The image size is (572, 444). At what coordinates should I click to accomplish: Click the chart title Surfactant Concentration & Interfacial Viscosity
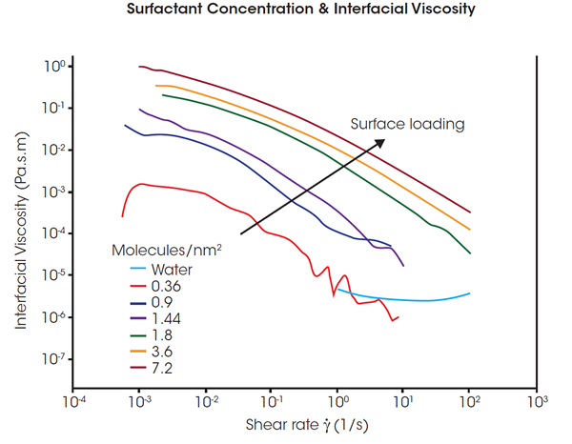click(286, 13)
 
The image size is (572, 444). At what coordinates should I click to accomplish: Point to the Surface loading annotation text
click(407, 124)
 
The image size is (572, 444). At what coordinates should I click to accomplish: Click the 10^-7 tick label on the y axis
click(53, 359)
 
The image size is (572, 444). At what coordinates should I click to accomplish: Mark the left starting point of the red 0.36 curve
click(122, 216)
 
